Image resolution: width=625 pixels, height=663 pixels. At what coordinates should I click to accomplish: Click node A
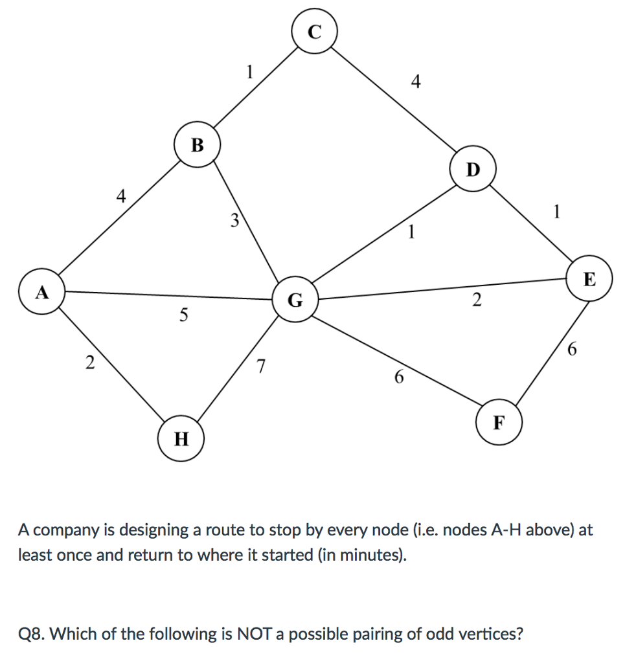(x=42, y=293)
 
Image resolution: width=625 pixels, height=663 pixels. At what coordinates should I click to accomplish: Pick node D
(x=473, y=169)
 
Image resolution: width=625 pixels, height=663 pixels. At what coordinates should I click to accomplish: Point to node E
(x=589, y=280)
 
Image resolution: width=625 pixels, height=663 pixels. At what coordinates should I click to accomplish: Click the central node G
(x=295, y=300)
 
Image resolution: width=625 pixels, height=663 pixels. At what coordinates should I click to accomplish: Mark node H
(x=181, y=439)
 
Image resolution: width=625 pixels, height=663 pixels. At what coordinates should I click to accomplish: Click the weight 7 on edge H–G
(x=260, y=366)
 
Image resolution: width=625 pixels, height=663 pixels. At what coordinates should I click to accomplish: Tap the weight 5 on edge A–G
(x=184, y=315)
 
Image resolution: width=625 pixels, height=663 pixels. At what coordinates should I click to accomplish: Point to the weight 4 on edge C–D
(x=416, y=82)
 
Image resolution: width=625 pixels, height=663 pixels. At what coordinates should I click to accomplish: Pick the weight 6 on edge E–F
(x=571, y=350)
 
